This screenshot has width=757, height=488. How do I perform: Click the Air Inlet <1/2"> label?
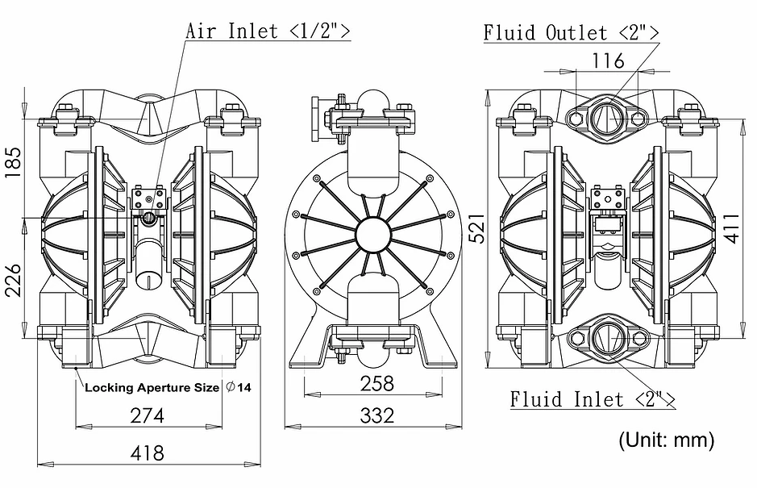(268, 31)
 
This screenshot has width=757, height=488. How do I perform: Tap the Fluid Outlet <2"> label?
(571, 32)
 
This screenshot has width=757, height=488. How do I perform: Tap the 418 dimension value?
(148, 453)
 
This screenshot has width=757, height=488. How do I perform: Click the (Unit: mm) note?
(666, 440)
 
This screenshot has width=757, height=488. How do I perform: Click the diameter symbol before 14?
(231, 387)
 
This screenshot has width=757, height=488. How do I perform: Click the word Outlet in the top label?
(576, 32)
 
